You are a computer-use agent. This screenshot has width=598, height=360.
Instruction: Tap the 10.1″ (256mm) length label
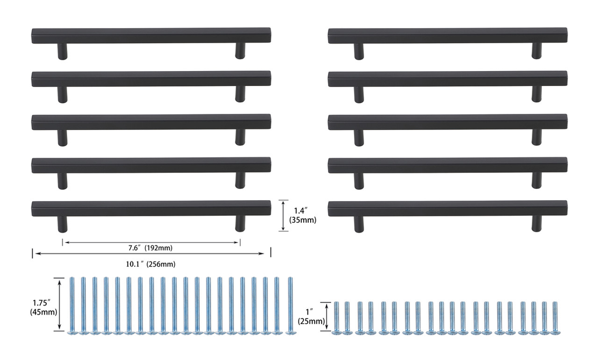(150, 264)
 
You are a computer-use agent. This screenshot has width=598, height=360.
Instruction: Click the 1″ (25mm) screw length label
(311, 316)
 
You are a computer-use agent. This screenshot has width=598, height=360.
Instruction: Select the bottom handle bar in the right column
(448, 209)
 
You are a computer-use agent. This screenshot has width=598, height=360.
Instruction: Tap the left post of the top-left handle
(62, 51)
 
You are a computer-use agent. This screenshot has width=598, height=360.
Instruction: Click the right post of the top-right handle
(537, 51)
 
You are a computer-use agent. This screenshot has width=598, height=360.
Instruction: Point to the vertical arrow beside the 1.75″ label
(59, 304)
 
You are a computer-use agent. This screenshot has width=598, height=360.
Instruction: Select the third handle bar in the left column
(151, 122)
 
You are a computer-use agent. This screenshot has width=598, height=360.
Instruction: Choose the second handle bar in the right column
(448, 79)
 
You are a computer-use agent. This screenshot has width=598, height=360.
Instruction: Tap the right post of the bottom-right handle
(537, 224)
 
